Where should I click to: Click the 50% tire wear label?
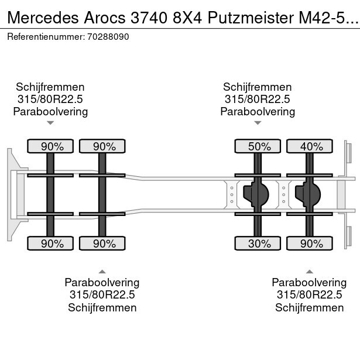pos(258,146)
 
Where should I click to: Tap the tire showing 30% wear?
pos(258,243)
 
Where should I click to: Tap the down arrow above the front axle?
pos(50,123)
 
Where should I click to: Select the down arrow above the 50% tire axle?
pos(258,123)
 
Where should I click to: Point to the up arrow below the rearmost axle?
pos(310,271)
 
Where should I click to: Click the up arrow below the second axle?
pos(102,271)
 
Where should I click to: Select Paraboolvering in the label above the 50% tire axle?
pos(258,111)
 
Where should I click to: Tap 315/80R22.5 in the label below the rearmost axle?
pos(310,295)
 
